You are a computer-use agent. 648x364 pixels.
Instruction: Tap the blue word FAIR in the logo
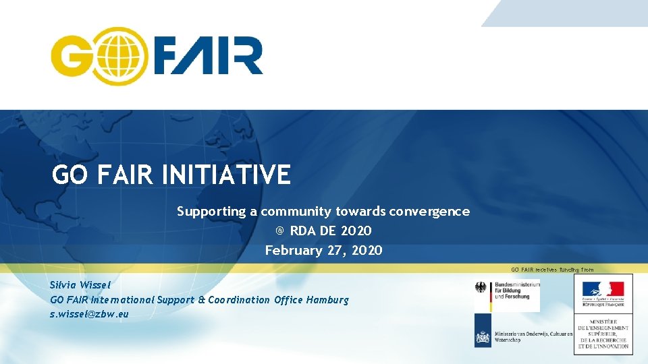click(x=207, y=56)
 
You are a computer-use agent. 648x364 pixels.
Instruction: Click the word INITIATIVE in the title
click(x=226, y=175)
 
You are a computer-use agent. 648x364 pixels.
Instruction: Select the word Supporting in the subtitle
click(x=211, y=212)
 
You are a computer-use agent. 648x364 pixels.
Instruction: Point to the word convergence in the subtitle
click(x=429, y=212)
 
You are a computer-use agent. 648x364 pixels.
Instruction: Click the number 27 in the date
click(x=337, y=251)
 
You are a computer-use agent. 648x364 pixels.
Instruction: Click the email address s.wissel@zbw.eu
click(x=89, y=314)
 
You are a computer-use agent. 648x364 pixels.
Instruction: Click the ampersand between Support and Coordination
click(x=201, y=299)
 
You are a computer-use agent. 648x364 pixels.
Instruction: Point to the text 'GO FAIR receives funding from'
click(x=552, y=270)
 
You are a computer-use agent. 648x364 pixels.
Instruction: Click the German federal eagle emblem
click(x=482, y=288)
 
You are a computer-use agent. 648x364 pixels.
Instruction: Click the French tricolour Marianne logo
click(x=603, y=290)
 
